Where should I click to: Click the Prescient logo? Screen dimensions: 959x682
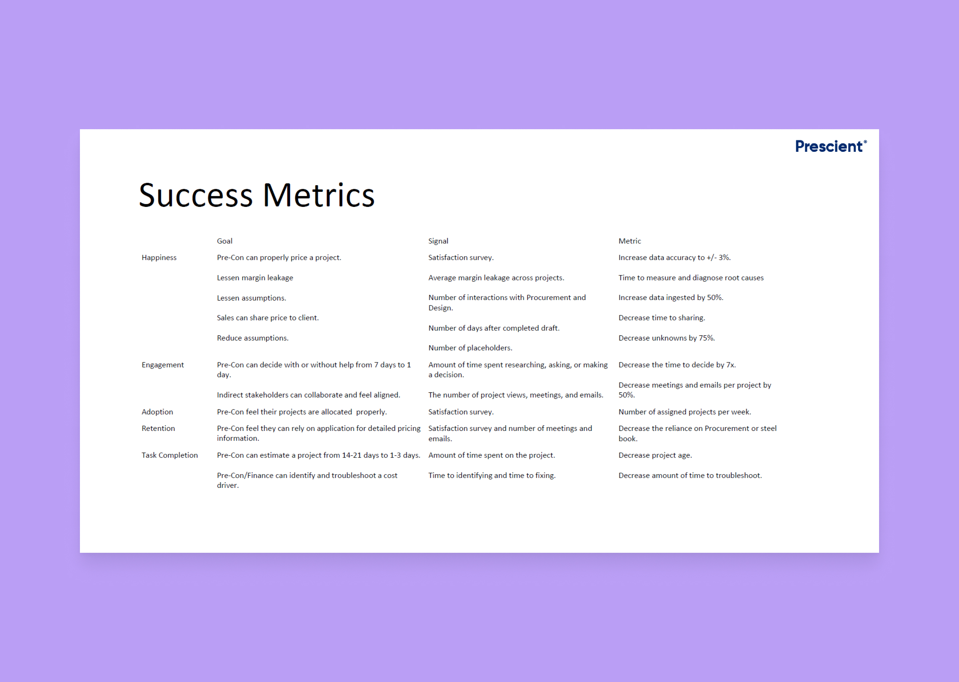click(x=831, y=146)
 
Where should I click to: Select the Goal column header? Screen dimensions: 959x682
click(x=225, y=241)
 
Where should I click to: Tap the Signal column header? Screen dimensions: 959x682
click(x=438, y=241)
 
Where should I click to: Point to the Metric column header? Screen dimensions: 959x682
click(x=629, y=241)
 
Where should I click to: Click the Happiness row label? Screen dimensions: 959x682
click(x=159, y=257)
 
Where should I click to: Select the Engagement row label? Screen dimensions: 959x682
click(x=163, y=365)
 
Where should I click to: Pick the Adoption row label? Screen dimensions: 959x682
click(x=158, y=412)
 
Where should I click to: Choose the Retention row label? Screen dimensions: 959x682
click(x=158, y=428)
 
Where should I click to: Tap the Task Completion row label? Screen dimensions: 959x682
click(x=169, y=455)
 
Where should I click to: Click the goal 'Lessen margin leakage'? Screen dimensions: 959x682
click(x=255, y=278)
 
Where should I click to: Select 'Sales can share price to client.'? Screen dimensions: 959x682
click(x=268, y=318)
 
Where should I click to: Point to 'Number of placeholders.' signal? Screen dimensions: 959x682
click(x=470, y=348)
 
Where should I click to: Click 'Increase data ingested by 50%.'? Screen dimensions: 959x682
click(x=671, y=298)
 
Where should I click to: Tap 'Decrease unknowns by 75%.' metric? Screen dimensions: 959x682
click(x=667, y=338)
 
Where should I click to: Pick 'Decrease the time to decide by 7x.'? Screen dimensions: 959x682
click(x=677, y=365)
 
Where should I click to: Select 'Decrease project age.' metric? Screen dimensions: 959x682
click(x=655, y=455)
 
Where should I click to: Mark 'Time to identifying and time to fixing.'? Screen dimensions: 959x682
click(x=492, y=476)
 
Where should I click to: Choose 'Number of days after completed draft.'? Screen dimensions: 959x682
click(x=494, y=328)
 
